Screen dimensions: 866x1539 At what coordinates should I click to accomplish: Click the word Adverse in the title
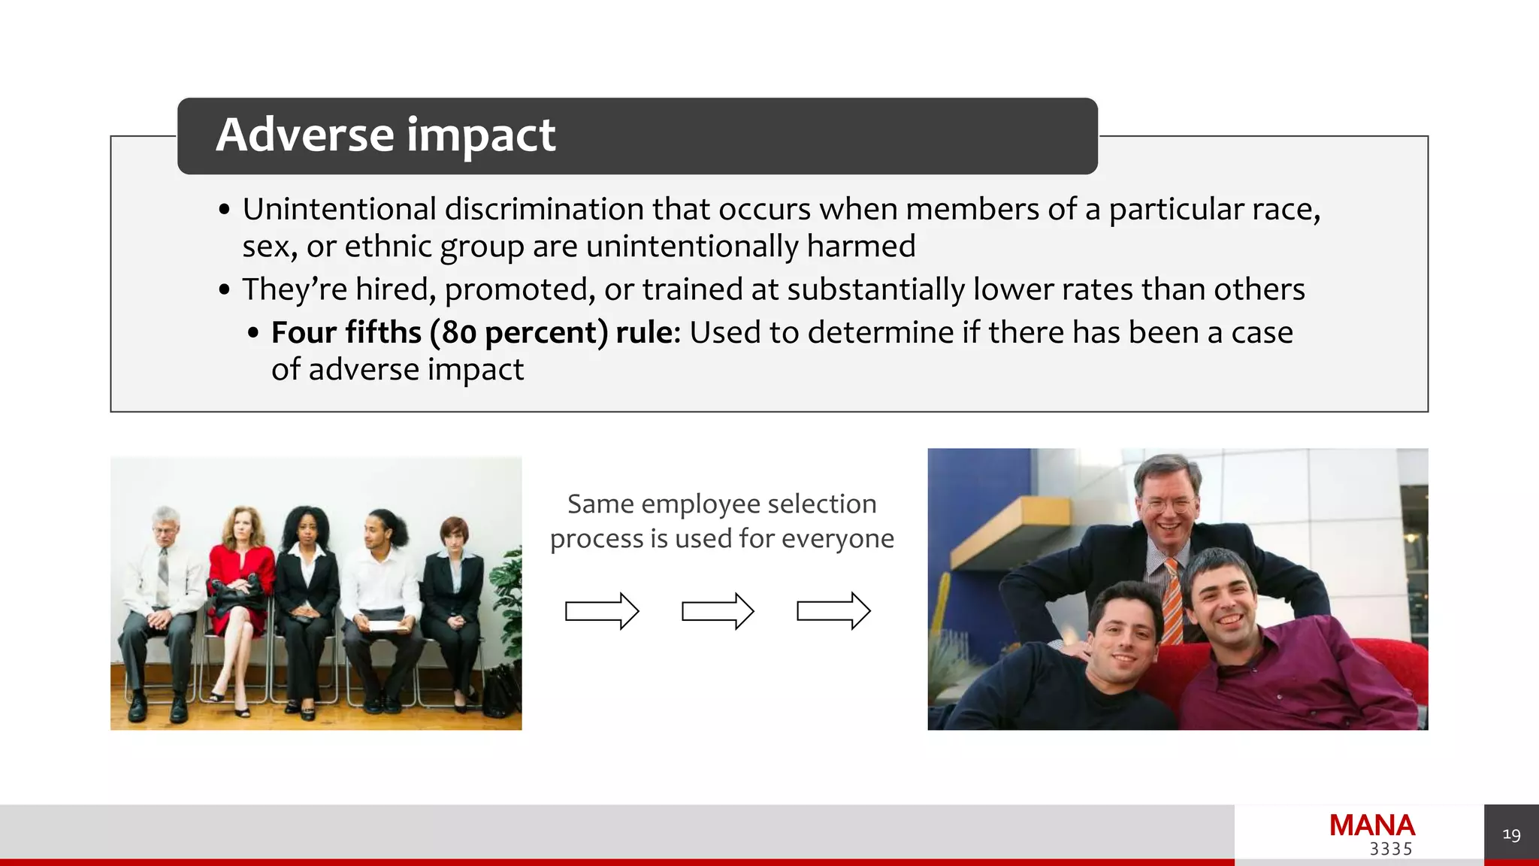click(304, 135)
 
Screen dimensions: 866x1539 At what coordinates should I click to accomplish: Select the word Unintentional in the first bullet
click(339, 209)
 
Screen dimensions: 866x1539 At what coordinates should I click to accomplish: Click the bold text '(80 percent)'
click(519, 332)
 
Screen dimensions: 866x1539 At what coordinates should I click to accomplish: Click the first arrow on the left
click(601, 610)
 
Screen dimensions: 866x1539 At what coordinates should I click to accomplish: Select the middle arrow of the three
click(717, 610)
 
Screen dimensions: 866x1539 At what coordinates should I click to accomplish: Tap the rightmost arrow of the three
click(833, 610)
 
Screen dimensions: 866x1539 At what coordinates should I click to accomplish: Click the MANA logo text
click(1371, 825)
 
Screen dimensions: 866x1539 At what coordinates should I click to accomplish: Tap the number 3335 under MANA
click(1390, 849)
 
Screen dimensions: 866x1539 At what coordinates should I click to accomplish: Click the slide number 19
click(1511, 834)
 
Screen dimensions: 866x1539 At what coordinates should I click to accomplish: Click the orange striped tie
click(1172, 601)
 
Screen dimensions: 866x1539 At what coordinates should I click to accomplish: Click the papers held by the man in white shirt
click(383, 625)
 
